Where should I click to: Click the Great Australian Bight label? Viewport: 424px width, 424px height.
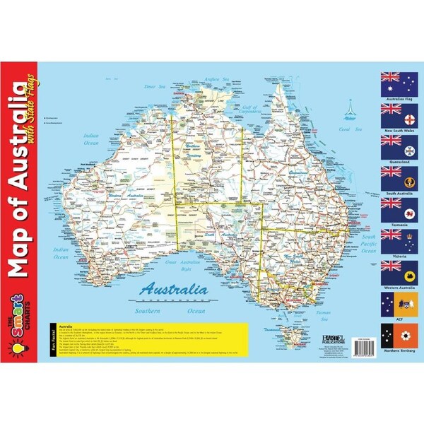click(x=178, y=265)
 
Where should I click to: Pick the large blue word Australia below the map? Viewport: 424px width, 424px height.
click(x=174, y=288)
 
